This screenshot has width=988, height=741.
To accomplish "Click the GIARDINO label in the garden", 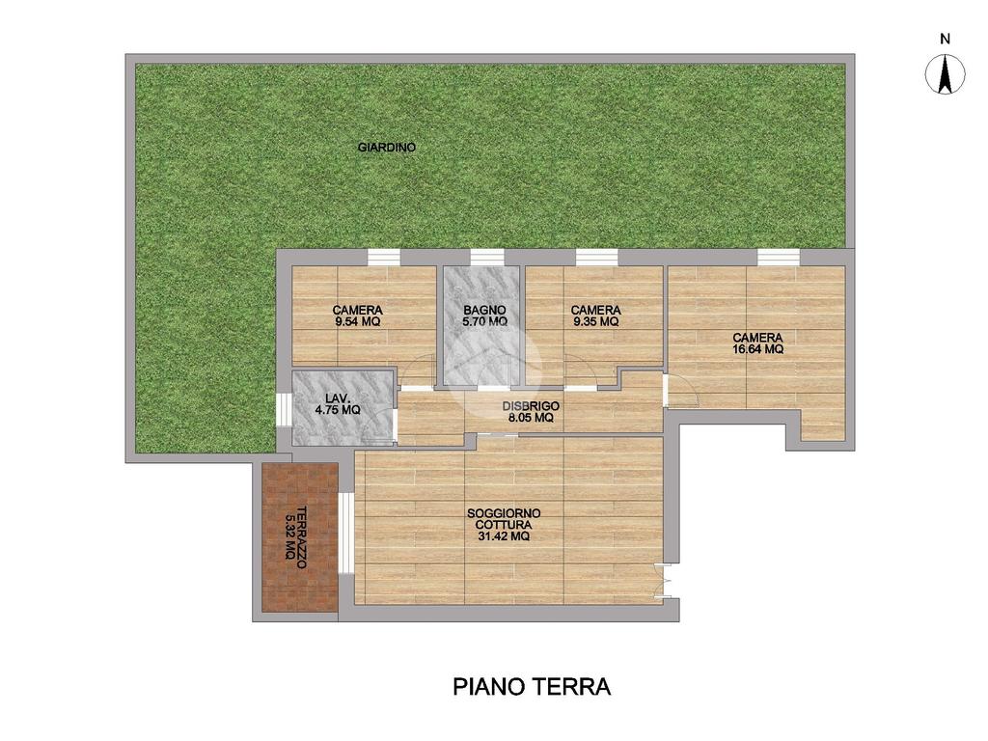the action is tap(386, 148).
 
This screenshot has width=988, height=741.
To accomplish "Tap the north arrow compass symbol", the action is tap(946, 74).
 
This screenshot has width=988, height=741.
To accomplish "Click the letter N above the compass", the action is tap(946, 39).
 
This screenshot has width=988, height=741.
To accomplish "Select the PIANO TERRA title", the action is tap(532, 687).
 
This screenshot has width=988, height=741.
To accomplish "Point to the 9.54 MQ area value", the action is tap(358, 321).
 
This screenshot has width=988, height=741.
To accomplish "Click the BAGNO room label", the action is tap(484, 310).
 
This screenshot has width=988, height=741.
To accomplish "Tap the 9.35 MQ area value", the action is tap(596, 321).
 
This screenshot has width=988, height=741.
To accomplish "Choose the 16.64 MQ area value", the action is tap(758, 349).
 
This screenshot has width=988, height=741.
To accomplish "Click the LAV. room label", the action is tap(337, 398).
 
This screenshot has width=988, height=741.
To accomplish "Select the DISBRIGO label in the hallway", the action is tap(532, 406).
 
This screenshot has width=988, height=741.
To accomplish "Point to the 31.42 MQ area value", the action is tap(503, 536).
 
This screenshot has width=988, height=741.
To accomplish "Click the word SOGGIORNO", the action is tap(504, 514).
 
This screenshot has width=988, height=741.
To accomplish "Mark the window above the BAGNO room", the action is tap(487, 257).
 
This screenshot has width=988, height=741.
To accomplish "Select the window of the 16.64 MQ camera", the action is tap(779, 257).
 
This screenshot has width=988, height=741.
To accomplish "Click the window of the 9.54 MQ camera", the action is tap(384, 257).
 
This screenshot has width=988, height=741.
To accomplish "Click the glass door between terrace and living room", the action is tap(346, 532).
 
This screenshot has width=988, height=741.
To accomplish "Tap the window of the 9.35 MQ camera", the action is tap(596, 257).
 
